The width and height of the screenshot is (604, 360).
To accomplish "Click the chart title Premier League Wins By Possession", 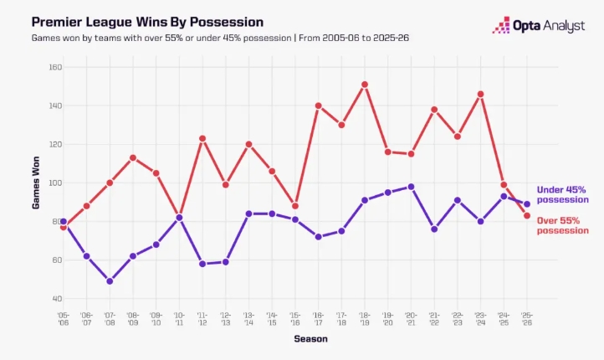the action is click(x=147, y=22).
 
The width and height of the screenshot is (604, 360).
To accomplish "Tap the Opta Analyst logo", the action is click(x=539, y=25).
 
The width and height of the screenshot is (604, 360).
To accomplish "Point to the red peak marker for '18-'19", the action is click(x=365, y=85).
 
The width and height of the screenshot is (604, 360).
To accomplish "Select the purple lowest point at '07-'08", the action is click(x=110, y=281).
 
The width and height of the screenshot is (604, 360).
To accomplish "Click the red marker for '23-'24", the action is click(x=480, y=94).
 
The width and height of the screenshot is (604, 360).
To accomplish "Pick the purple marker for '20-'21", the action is click(x=411, y=187).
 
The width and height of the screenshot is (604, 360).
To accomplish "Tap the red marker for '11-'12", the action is click(x=202, y=138).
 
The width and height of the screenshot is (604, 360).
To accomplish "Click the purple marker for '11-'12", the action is click(x=202, y=264).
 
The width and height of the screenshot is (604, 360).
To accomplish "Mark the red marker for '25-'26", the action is click(x=527, y=216).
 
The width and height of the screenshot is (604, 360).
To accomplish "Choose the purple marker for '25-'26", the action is click(x=527, y=204).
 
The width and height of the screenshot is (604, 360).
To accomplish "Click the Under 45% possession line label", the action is click(x=562, y=194).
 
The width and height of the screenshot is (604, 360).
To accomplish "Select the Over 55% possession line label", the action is click(x=562, y=225).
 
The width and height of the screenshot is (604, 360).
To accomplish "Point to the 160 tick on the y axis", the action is click(x=55, y=67).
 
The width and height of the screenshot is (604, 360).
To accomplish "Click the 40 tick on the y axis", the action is click(x=56, y=299).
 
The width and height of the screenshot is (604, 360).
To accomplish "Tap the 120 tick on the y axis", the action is click(x=55, y=144).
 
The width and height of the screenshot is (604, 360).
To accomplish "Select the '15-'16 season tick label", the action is click(x=295, y=319).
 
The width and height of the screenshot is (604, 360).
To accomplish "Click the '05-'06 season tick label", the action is click(x=64, y=319).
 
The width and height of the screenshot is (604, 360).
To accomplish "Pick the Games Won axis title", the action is click(x=36, y=183).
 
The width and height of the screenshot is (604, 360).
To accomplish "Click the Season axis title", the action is click(x=311, y=339).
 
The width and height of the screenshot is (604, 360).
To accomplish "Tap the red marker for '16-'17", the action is click(x=318, y=105).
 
